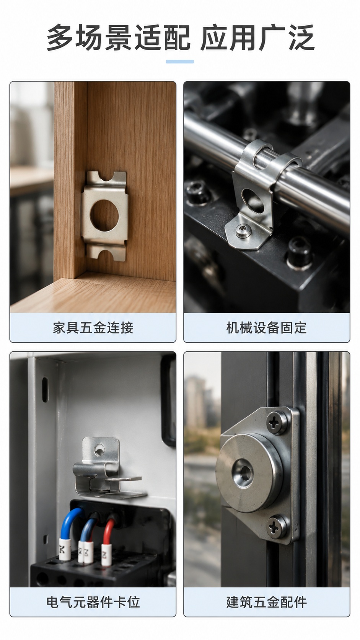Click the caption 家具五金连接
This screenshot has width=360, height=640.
click(x=93, y=327)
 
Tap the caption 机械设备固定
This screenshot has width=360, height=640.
click(x=266, y=327)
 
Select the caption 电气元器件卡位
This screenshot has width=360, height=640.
click(x=93, y=602)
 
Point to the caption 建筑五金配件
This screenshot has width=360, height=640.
click(x=266, y=602)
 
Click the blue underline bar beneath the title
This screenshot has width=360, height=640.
click(x=180, y=61)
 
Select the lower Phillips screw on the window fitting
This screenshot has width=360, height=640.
click(x=277, y=526)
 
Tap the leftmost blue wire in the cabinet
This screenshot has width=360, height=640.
click(x=68, y=524)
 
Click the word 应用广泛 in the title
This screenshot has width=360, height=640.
click(x=257, y=38)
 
